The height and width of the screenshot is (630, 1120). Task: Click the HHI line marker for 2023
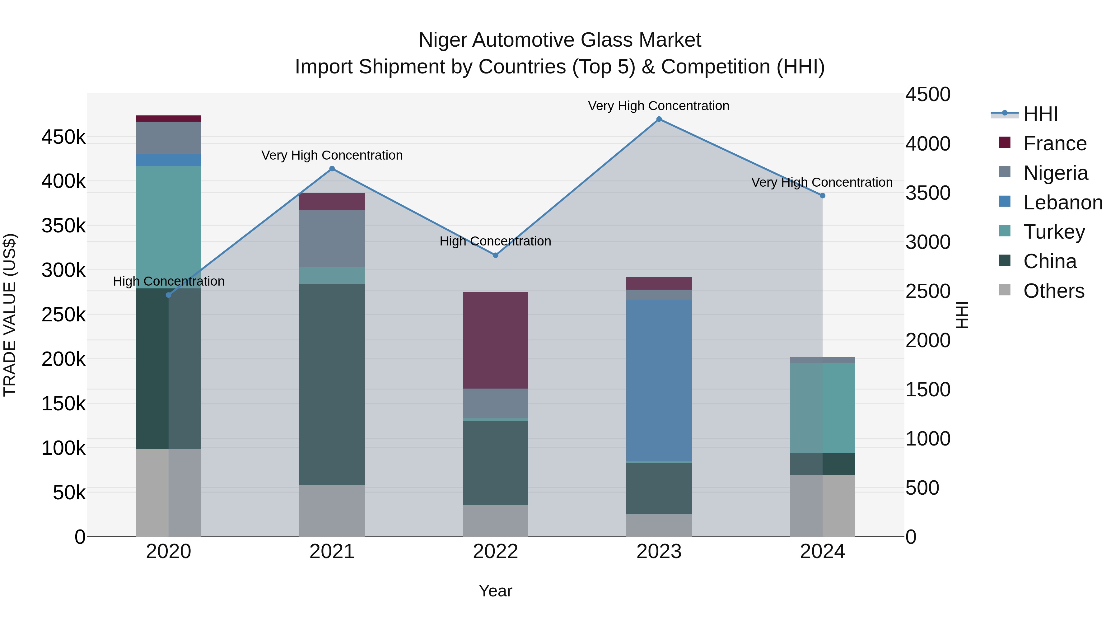coord(659,119)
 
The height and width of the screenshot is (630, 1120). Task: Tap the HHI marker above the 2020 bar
coord(169,295)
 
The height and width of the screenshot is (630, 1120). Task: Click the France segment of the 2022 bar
coord(495,340)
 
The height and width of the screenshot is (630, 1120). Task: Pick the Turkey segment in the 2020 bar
coord(169,227)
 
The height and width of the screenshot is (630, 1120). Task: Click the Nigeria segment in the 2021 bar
coord(332,238)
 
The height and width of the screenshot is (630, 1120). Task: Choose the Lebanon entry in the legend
coord(1063,203)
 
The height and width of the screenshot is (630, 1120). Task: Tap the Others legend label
coord(1053,291)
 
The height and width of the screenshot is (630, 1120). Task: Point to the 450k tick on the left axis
coord(63,138)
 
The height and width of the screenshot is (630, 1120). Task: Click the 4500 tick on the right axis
coord(928,95)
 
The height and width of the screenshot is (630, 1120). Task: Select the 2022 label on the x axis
coord(495,552)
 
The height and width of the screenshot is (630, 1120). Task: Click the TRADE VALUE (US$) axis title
coord(10,315)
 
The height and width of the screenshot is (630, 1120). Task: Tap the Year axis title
coord(495,591)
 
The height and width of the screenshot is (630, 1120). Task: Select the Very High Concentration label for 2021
coord(332,155)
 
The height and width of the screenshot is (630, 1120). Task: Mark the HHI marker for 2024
coord(822,196)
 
